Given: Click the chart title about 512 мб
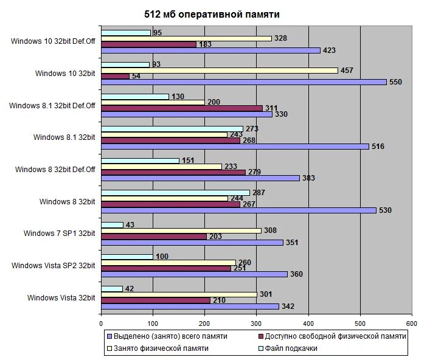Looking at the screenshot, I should click(x=212, y=14).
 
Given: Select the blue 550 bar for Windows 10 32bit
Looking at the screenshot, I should click(x=243, y=81).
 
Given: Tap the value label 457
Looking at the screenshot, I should click(x=346, y=71).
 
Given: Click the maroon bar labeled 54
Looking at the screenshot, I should click(x=115, y=76).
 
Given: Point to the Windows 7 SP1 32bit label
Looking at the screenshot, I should click(x=60, y=233).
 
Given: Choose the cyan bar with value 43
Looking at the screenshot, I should click(x=112, y=225).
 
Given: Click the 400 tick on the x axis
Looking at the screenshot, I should click(x=308, y=322).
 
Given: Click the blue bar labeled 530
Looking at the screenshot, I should click(x=238, y=210).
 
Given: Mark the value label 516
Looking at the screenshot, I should click(x=378, y=147).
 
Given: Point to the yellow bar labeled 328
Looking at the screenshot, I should click(x=186, y=38).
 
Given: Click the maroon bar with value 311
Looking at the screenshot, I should click(x=181, y=108).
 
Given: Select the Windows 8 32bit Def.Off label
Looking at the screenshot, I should click(x=55, y=169).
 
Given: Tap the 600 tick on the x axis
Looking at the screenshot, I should click(x=412, y=322).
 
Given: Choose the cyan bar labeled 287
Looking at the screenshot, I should click(x=175, y=193).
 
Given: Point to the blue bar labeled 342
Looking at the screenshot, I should click(x=190, y=306).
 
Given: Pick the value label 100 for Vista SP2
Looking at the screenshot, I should click(x=162, y=257).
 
